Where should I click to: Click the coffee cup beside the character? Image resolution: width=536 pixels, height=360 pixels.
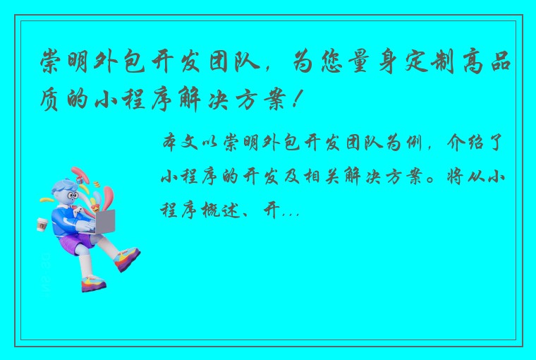pos(42,224)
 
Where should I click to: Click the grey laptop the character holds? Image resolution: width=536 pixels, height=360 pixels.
pos(104,222)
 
